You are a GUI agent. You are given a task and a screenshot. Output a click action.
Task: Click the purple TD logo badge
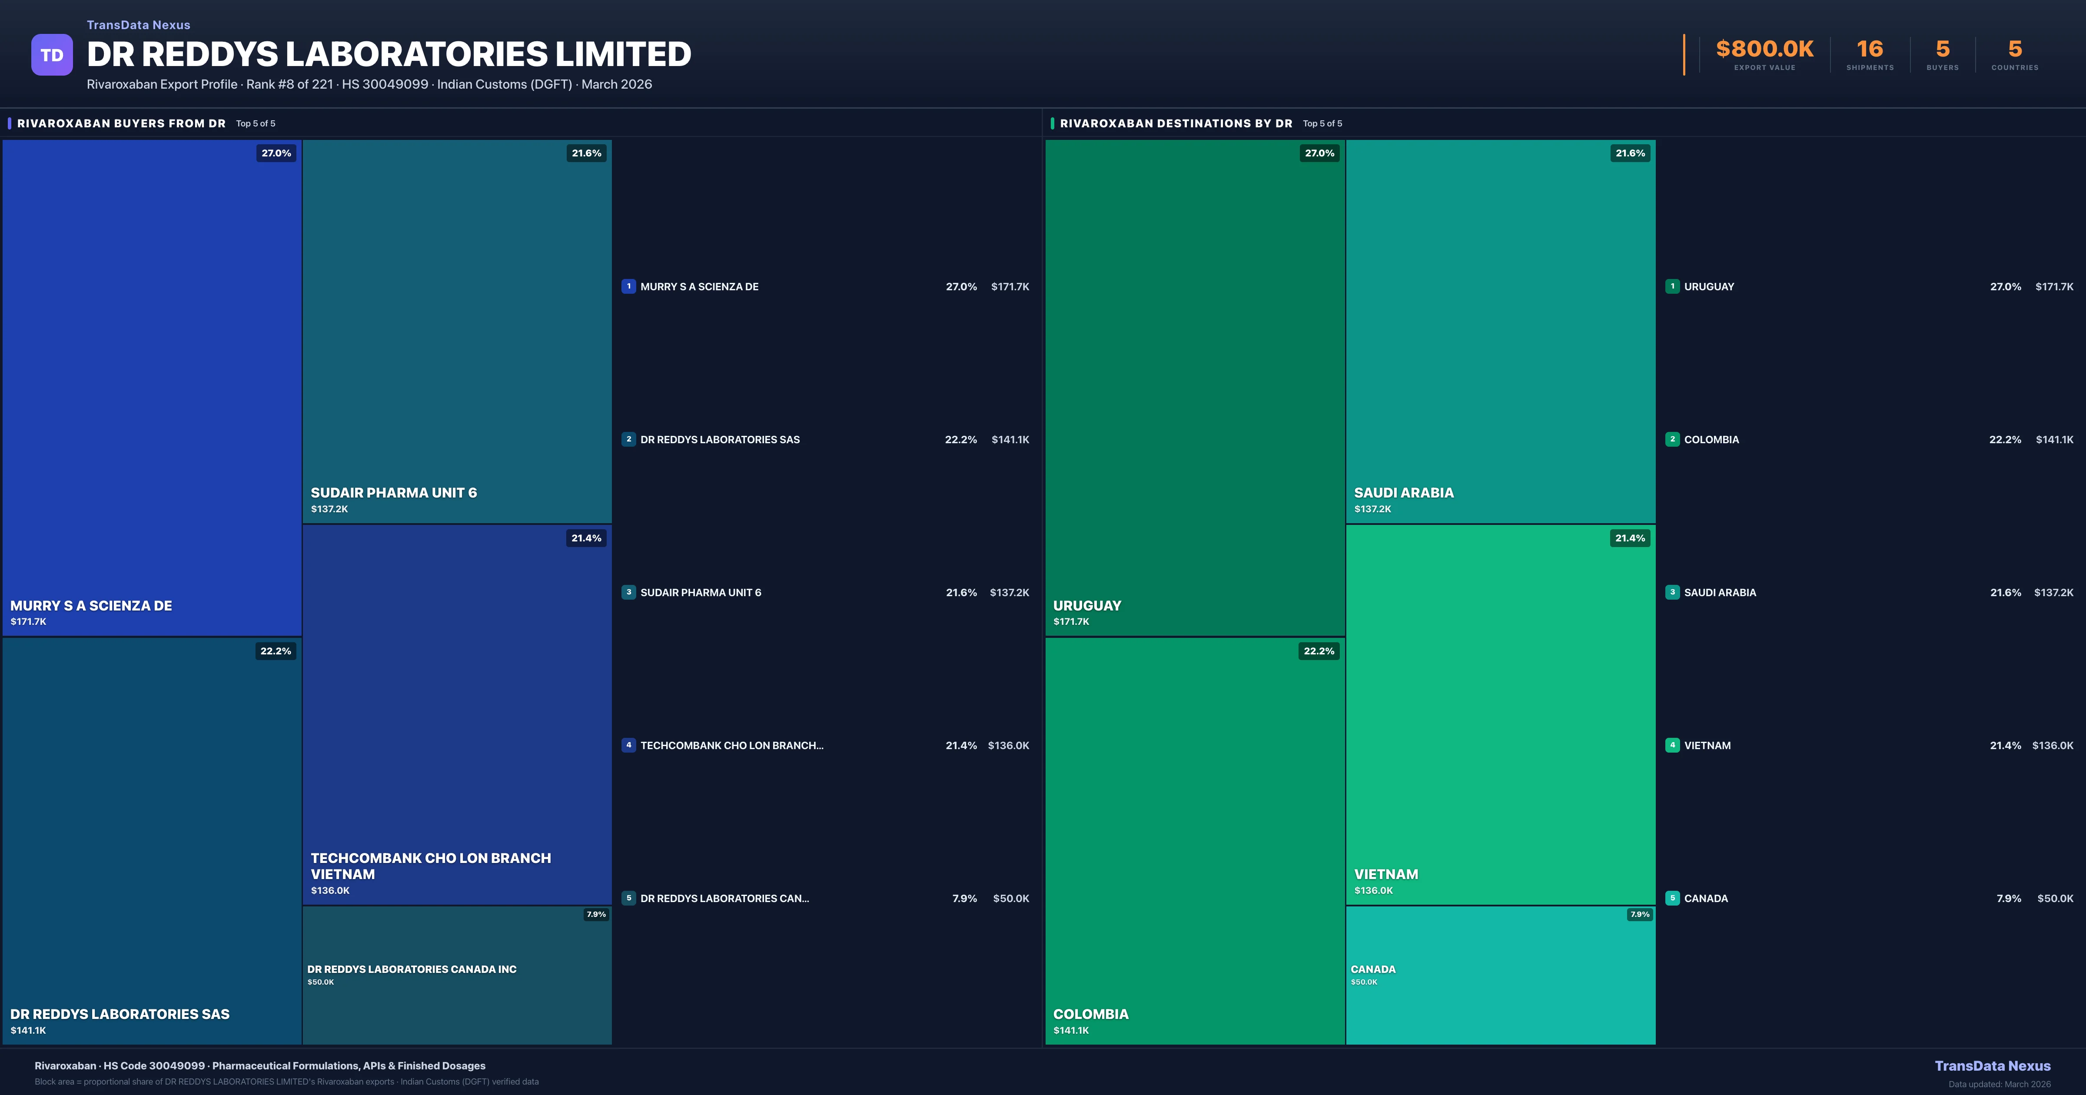point(52,55)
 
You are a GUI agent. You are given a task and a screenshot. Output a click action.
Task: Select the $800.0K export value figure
point(1764,50)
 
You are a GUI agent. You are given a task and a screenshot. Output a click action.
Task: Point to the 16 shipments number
point(1870,50)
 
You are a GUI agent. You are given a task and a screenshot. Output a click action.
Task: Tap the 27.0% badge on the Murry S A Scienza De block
point(276,153)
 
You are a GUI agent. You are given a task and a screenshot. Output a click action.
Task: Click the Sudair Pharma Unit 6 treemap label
point(394,492)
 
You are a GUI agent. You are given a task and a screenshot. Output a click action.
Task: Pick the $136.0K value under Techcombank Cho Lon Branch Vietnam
point(330,890)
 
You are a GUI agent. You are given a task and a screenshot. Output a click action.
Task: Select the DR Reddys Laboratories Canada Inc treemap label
point(412,969)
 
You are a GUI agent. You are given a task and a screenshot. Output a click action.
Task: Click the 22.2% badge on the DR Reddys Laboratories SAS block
point(276,651)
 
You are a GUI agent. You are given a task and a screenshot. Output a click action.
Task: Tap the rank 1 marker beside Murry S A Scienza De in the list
point(628,286)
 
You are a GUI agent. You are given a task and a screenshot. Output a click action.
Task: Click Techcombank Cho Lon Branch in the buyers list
point(731,745)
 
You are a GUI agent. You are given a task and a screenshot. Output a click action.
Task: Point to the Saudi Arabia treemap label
point(1403,492)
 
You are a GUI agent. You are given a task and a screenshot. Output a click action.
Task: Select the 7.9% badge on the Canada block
point(1640,914)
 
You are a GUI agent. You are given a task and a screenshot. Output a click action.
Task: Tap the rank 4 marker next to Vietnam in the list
point(1672,745)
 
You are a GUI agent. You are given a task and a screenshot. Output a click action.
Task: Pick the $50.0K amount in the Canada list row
point(2055,898)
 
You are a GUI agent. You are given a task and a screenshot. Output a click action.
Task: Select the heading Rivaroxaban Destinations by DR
point(1176,123)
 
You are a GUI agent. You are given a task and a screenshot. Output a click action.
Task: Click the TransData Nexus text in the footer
point(1992,1066)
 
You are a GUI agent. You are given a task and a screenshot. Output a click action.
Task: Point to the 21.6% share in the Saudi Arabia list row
point(2005,593)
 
